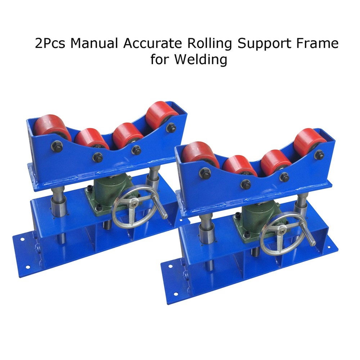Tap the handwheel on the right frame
click(282, 235)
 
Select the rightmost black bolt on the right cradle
click(319, 155)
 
